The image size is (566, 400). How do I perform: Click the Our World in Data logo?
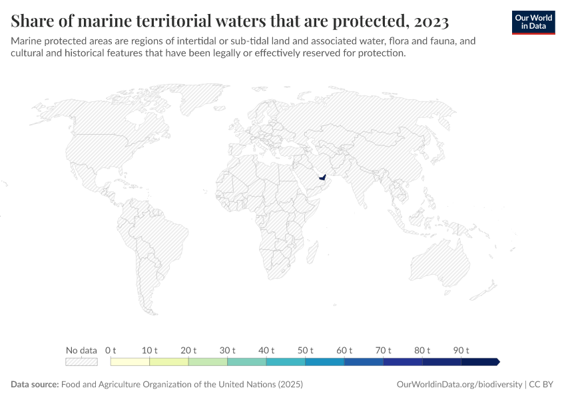(533, 22)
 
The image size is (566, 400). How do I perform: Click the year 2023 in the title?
(431, 21)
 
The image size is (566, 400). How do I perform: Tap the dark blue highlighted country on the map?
(322, 178)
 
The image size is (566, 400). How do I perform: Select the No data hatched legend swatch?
(81, 362)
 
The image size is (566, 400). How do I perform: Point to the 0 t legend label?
(111, 350)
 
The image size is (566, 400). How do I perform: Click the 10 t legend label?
(150, 350)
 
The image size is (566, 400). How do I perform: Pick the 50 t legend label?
(306, 350)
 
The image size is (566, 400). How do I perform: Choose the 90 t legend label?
(461, 350)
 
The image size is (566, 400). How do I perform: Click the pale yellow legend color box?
(130, 362)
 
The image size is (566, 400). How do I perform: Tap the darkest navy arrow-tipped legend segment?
(480, 362)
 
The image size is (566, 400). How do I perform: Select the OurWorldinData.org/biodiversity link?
(459, 385)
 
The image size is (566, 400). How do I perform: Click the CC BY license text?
(543, 385)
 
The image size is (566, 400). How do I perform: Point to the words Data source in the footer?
(35, 385)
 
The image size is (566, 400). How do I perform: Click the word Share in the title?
(33, 21)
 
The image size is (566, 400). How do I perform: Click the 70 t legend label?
(384, 350)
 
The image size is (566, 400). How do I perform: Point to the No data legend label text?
(81, 350)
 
